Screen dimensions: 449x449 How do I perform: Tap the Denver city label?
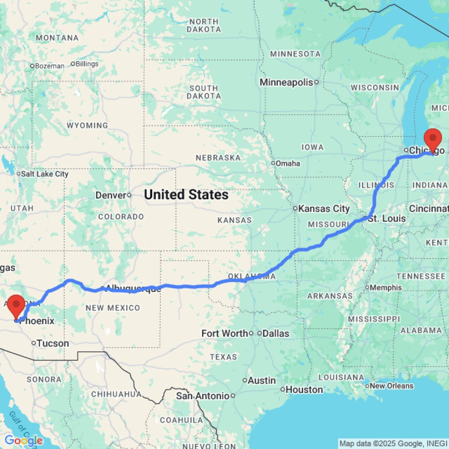110,195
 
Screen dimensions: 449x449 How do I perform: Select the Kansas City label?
324,209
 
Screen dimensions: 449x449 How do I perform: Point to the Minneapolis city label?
286,83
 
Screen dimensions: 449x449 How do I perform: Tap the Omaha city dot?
273,163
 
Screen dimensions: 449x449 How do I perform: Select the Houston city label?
304,390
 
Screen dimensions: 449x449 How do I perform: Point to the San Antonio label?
202,396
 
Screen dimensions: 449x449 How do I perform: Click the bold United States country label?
186,195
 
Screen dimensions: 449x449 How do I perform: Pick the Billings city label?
87,64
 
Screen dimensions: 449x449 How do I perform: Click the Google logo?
24,441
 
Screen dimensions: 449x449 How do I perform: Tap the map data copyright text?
393,444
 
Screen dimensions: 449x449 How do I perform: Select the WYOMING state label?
87,125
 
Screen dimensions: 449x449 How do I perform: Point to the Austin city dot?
245,380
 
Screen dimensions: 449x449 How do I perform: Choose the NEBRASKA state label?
218,158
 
